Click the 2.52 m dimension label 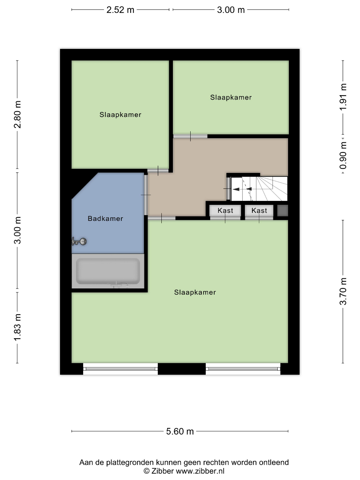click(120, 10)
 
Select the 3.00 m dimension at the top click(231, 10)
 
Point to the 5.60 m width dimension click(180, 431)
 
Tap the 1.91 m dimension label click(343, 97)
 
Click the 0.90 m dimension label click(343, 155)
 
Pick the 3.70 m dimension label click(343, 292)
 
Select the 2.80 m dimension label click(17, 114)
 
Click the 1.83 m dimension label click(17, 327)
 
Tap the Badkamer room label click(105, 219)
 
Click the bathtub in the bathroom click(108, 271)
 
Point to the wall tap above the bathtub click(79, 241)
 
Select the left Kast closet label click(225, 211)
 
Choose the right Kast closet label click(259, 211)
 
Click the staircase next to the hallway click(259, 188)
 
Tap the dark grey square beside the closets click(283, 211)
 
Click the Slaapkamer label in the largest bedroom click(195, 292)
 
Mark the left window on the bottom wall click(120, 368)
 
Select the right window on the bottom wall click(243, 368)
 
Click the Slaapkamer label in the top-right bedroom click(231, 97)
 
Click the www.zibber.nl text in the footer click(200, 471)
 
